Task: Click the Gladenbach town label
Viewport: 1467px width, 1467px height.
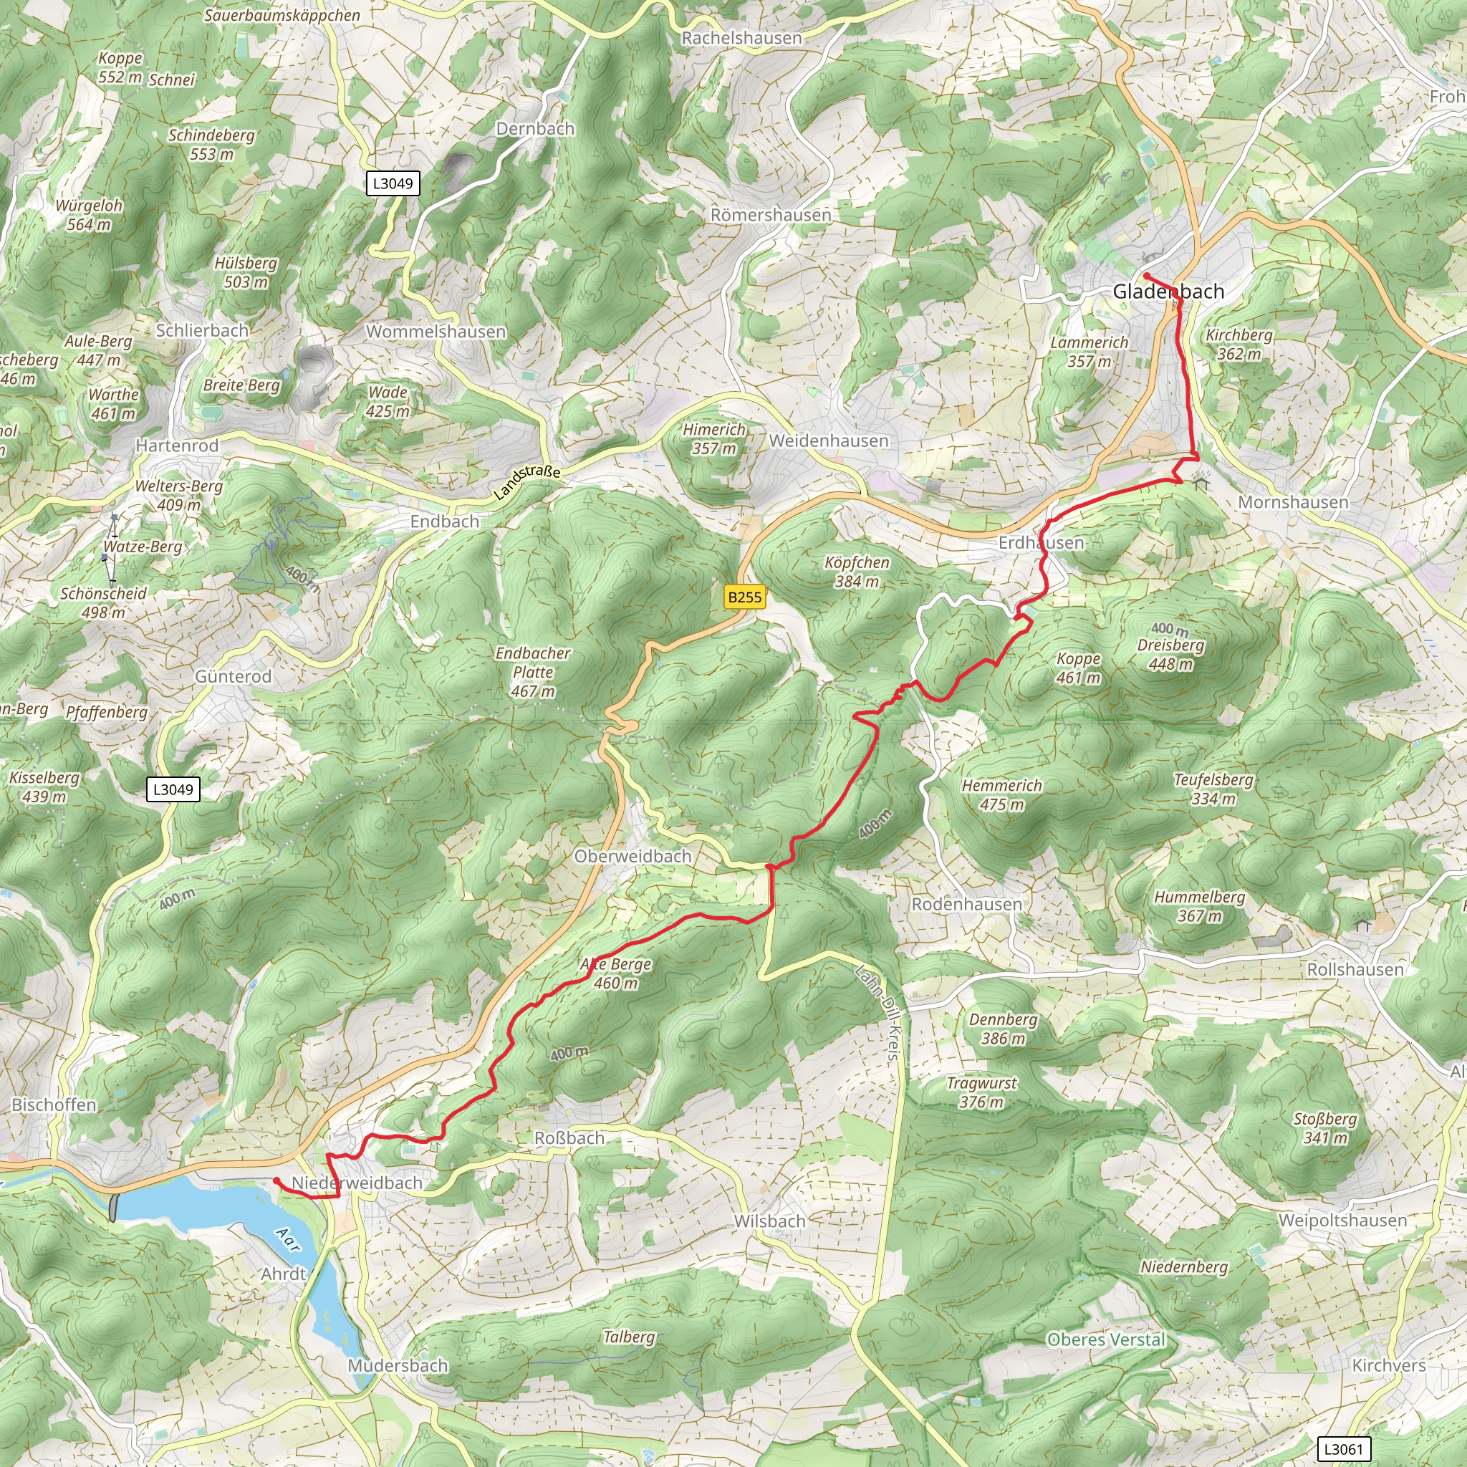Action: (x=1168, y=292)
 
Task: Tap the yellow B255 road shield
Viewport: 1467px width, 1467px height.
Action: (x=744, y=597)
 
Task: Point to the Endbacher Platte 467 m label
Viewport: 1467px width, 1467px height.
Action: (x=532, y=672)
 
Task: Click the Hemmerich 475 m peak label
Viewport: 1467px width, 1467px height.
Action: (x=1001, y=795)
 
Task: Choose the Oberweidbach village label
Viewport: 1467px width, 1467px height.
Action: (x=633, y=856)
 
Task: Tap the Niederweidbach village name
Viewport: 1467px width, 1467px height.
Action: (x=357, y=1182)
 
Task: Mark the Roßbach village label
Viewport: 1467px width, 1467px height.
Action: (x=569, y=1138)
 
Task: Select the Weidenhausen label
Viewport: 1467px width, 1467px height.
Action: (x=829, y=441)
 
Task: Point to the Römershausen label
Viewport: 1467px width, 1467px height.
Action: (x=771, y=215)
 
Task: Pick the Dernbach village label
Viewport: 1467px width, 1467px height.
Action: (x=535, y=128)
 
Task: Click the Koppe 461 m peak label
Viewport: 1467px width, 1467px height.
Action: (x=1078, y=668)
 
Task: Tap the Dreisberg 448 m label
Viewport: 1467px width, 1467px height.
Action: (x=1170, y=655)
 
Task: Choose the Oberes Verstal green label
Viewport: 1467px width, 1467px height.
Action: (x=1105, y=1339)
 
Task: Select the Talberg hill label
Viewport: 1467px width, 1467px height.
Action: (x=629, y=1337)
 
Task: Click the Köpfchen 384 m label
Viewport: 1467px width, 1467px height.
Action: (x=857, y=572)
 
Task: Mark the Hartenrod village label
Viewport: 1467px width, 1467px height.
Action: (x=177, y=446)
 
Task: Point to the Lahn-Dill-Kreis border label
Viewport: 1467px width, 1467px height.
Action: (x=880, y=1013)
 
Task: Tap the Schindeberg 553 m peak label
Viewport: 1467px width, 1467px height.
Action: (x=211, y=144)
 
